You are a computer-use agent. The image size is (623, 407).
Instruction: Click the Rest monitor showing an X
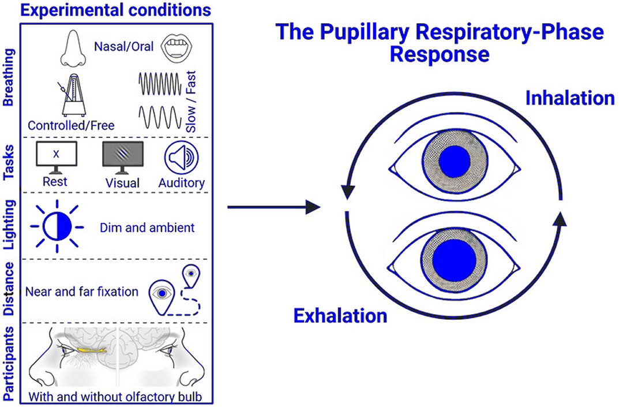[57, 158]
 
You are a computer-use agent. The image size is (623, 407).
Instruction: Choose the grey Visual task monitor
[123, 158]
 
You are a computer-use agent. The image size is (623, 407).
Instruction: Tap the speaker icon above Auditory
[181, 158]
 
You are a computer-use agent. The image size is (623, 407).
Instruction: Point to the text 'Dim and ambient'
[155, 227]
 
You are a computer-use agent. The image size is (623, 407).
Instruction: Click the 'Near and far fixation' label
[82, 292]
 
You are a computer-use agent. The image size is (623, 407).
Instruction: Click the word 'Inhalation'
[569, 98]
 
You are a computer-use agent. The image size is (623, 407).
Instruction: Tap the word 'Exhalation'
[340, 315]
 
